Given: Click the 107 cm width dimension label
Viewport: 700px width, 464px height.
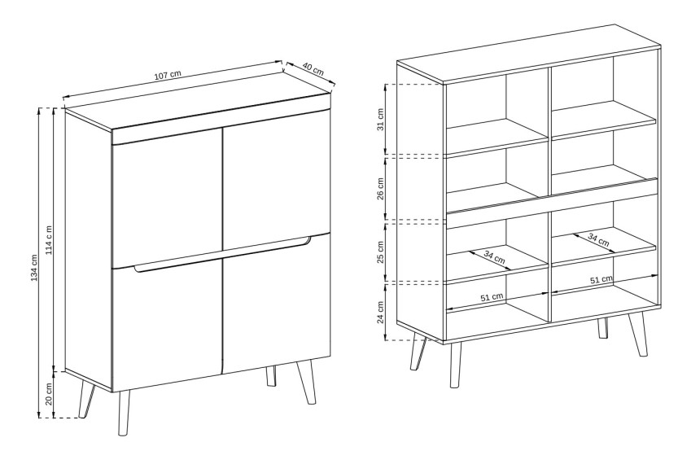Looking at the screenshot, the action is [168, 75].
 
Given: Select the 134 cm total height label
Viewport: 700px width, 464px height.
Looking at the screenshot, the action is [34, 268].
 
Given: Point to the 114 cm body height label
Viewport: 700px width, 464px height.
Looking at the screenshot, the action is [49, 239].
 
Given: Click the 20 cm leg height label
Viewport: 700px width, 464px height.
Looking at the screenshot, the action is [49, 394].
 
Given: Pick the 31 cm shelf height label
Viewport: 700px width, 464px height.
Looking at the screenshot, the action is [380, 119].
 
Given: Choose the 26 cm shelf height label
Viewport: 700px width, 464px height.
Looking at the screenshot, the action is [380, 189].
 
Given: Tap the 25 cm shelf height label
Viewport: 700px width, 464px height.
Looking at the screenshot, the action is [380, 252].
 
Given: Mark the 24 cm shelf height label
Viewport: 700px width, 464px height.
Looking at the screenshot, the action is [380, 312].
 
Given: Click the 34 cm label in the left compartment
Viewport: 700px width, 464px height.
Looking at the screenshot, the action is [495, 257].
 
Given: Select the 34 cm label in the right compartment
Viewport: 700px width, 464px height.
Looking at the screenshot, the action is [598, 240].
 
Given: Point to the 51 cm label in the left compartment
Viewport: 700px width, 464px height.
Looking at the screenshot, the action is [492, 297].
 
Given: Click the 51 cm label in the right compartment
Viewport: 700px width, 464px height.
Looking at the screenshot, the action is [602, 280].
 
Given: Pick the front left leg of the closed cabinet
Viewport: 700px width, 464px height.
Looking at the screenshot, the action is [124, 413].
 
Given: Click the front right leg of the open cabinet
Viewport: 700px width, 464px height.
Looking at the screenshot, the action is [637, 334].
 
